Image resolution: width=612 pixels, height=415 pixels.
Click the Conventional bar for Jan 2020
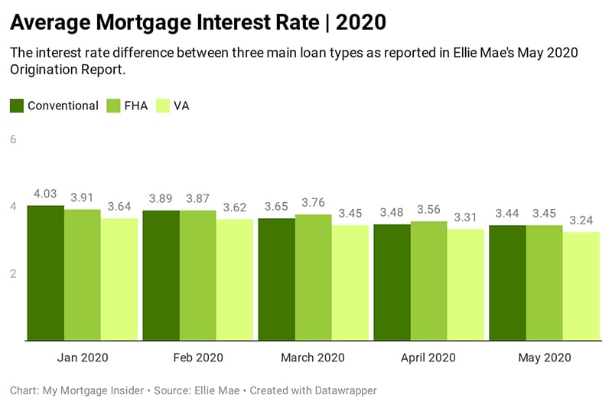click(45, 273)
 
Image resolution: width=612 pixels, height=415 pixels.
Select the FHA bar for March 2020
click(314, 277)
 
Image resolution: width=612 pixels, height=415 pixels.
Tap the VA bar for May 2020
click(581, 286)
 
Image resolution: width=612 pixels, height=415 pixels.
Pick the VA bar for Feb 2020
click(235, 279)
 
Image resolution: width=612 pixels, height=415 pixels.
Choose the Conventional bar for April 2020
click(392, 282)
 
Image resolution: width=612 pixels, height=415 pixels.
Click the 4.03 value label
click(45, 194)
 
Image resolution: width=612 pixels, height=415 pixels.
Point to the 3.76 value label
click(314, 203)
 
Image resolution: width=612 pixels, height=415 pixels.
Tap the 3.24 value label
click(581, 221)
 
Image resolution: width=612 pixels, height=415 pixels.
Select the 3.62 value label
click(235, 207)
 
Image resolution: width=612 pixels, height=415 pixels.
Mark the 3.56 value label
click(429, 210)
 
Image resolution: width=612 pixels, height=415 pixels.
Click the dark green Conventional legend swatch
click(17, 106)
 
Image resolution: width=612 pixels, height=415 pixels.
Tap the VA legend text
click(181, 106)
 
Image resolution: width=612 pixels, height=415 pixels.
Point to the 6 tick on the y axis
click(13, 139)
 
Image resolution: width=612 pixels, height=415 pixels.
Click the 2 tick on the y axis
click(13, 273)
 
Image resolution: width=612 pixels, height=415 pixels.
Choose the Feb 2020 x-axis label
click(198, 358)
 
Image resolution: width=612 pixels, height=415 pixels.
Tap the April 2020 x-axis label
click(428, 358)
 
